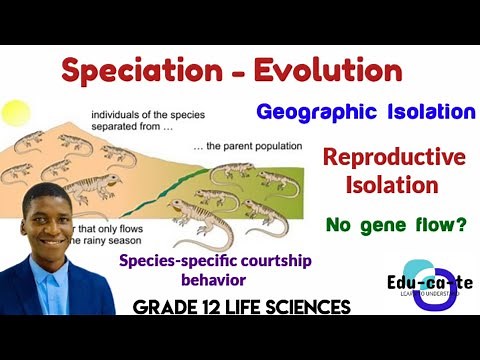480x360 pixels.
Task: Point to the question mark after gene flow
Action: click(x=460, y=226)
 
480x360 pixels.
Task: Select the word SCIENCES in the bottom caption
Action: click(x=306, y=308)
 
